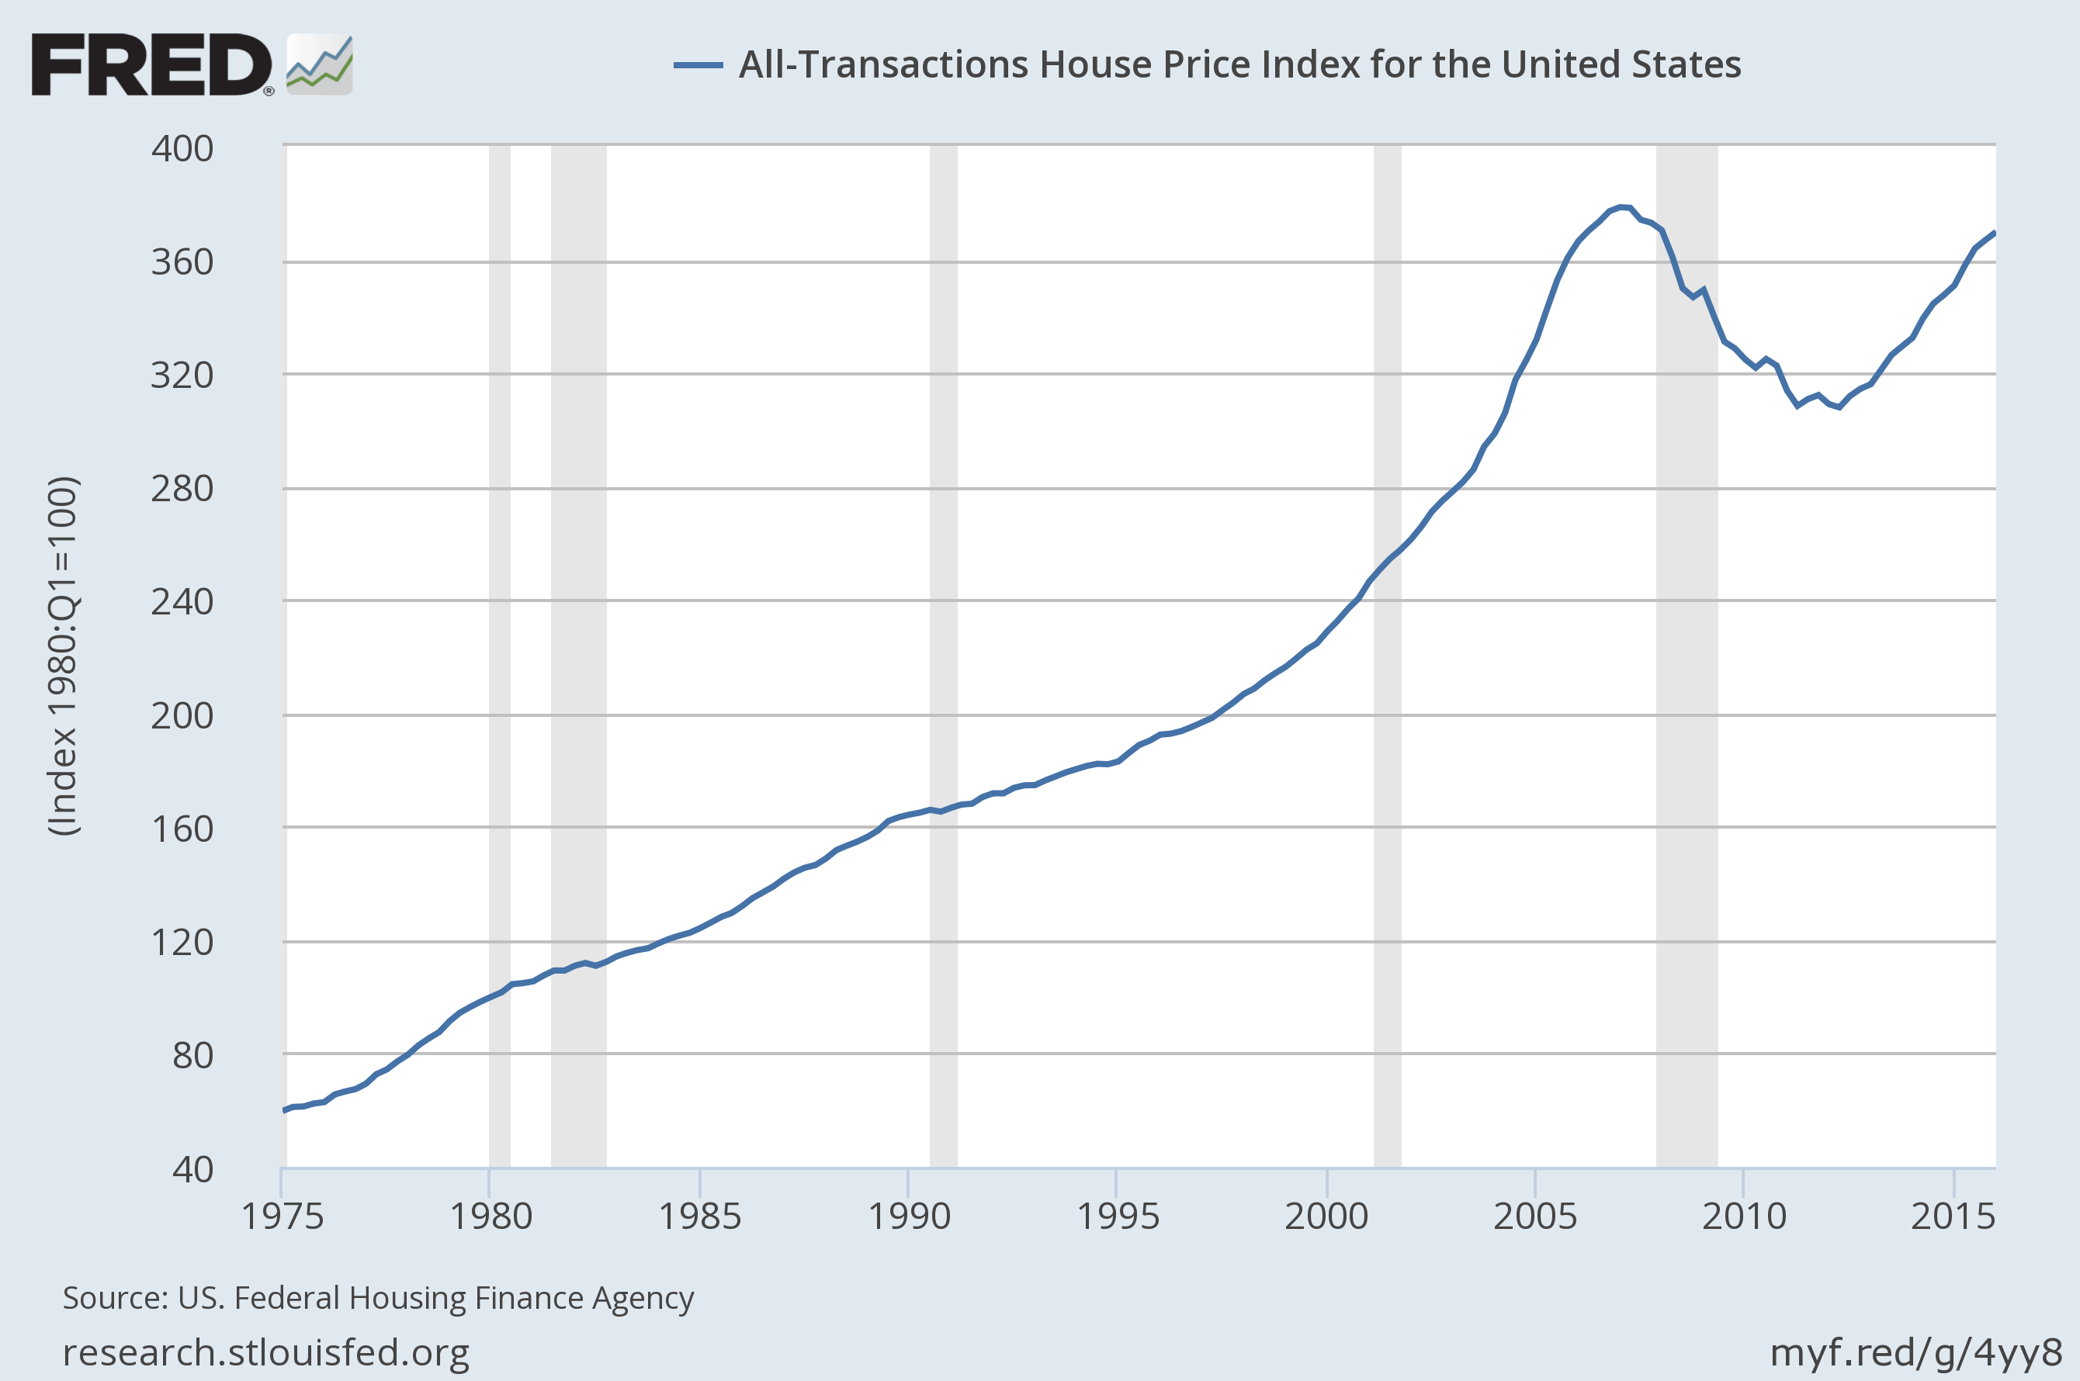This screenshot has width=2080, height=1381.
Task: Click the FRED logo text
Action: tap(151, 64)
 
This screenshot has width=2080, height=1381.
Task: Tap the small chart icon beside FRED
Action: tap(320, 64)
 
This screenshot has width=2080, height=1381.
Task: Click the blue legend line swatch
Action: tap(698, 65)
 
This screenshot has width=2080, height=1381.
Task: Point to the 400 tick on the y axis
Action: tap(182, 149)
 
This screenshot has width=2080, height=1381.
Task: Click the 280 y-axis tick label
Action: tap(182, 489)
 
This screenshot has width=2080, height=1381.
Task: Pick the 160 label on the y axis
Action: tap(182, 829)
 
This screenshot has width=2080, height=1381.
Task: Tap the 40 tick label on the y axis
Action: tap(193, 1168)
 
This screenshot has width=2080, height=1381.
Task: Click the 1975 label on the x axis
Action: tap(283, 1217)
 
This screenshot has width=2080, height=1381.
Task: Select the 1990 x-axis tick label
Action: tap(909, 1217)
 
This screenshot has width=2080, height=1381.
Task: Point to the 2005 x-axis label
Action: tap(1534, 1217)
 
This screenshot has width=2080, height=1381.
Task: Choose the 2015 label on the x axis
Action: tap(1952, 1217)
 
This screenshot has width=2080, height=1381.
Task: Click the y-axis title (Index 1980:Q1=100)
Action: tap(64, 656)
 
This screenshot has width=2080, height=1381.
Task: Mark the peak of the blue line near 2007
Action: tap(1623, 207)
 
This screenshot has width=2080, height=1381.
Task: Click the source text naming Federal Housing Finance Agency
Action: tap(378, 1298)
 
